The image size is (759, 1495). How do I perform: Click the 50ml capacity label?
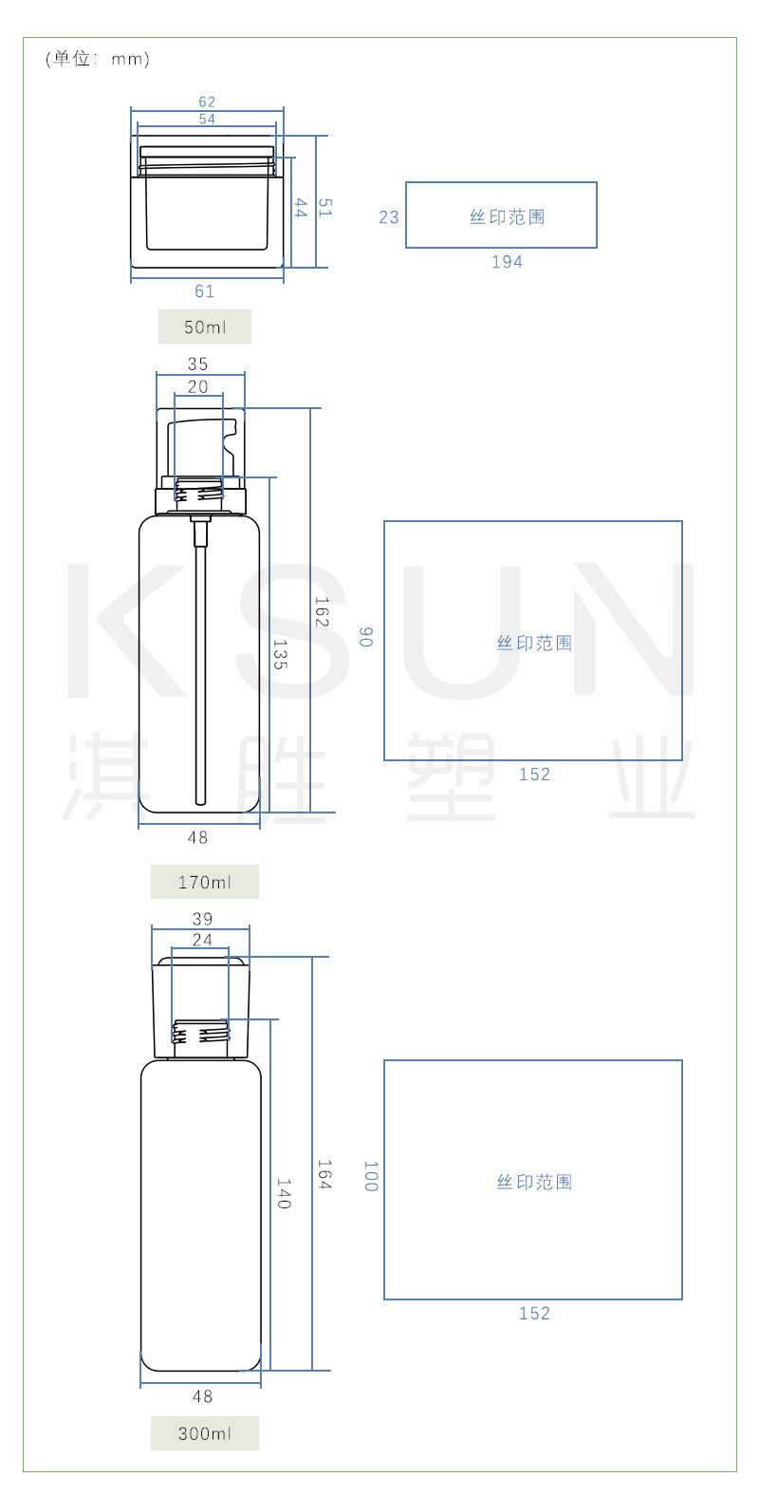point(205,327)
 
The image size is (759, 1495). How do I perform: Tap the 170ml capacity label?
point(205,883)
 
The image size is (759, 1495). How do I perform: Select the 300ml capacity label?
point(205,1433)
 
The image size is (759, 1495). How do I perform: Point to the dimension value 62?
point(207,102)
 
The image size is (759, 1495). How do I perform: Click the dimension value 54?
point(207,119)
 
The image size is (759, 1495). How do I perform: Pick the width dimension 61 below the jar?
point(205,291)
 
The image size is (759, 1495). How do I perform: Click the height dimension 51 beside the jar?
point(324,208)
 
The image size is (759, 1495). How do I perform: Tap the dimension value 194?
point(507,262)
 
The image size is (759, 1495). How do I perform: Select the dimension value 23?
point(389,217)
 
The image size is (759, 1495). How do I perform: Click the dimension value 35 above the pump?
point(198,364)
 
